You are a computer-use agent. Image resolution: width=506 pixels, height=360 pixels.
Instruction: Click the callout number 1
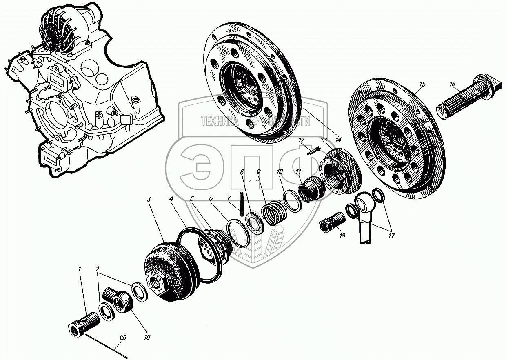[80, 269]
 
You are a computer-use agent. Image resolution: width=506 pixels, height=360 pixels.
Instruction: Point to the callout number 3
[150, 200]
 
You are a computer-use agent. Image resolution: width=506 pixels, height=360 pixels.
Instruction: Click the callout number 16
[452, 84]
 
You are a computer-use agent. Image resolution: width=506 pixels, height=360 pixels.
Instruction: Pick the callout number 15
[422, 84]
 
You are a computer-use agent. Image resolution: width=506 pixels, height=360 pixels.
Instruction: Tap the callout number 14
[337, 140]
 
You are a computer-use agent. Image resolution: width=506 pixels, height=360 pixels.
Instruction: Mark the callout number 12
[301, 140]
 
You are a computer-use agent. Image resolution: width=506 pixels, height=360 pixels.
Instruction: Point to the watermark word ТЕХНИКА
[219, 121]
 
